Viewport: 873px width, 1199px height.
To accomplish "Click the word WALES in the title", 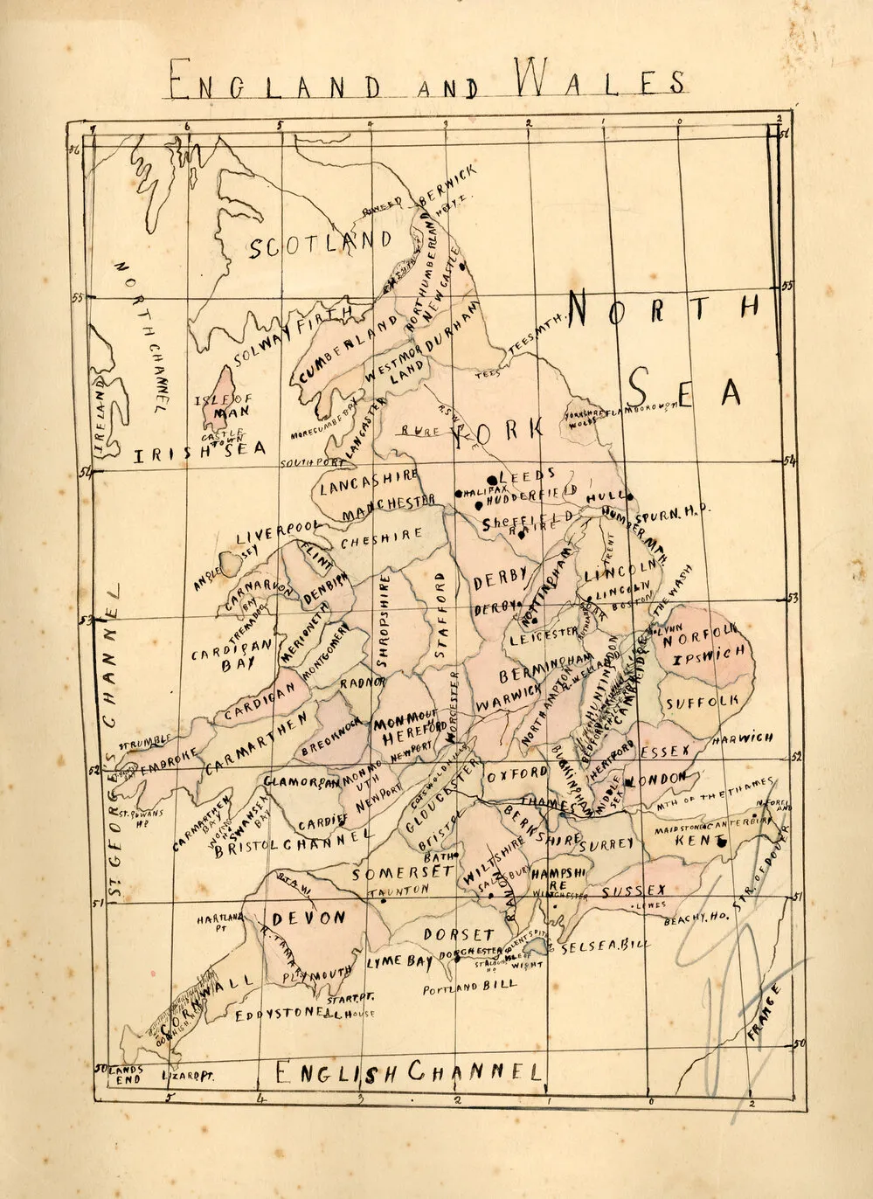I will (599, 79).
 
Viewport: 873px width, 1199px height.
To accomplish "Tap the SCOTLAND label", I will (320, 245).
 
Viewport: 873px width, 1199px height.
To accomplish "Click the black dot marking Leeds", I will (492, 479).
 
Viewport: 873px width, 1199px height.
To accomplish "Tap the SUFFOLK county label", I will (702, 702).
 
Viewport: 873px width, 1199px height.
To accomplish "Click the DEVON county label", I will (308, 918).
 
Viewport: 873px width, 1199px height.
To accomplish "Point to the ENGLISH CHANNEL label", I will (408, 1071).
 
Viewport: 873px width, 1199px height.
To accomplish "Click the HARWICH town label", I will (743, 738).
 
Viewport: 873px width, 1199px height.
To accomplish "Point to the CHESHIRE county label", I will (381, 539).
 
